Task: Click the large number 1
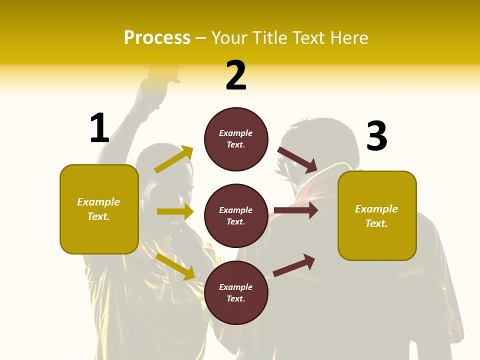[99, 128]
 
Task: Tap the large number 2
[236, 75]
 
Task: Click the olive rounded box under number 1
[99, 209]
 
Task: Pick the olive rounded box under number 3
[377, 215]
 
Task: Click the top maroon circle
[236, 139]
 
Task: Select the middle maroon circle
[236, 215]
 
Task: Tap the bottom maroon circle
[236, 292]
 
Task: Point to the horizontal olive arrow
[175, 211]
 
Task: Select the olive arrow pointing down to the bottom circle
[175, 266]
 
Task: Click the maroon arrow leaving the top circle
[297, 159]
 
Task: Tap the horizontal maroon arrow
[296, 210]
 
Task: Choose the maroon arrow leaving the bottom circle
[294, 265]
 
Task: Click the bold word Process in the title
[157, 37]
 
